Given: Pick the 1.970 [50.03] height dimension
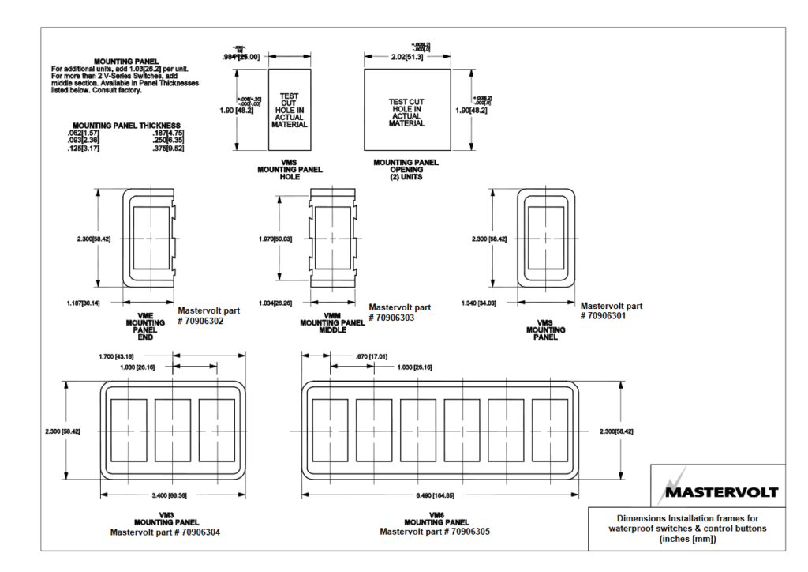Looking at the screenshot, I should coord(276,238).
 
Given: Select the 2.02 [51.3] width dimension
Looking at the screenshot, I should coord(407,57).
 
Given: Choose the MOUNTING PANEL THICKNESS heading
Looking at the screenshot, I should coord(126,125).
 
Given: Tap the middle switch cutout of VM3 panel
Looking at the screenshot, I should coord(173,430).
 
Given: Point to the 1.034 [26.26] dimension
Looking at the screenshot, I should coord(281,303).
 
